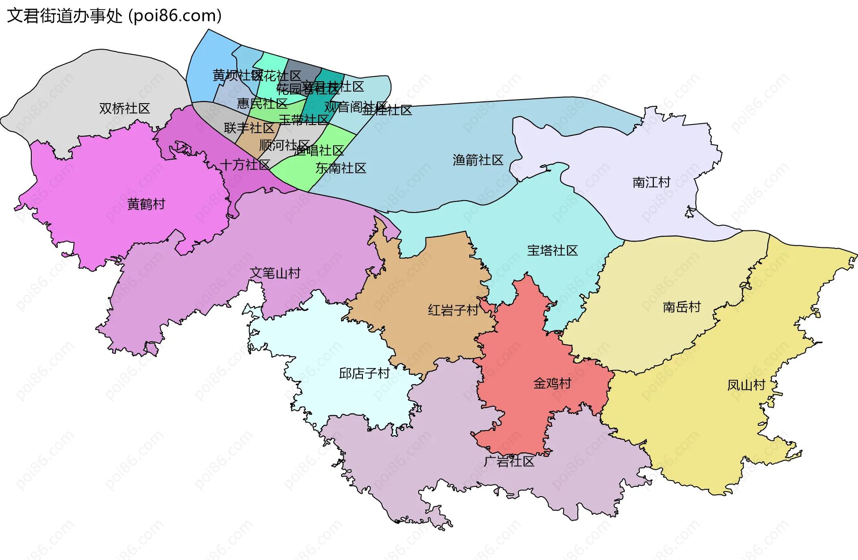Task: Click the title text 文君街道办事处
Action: [64, 16]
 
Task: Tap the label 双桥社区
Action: [124, 109]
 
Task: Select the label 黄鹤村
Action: [146, 204]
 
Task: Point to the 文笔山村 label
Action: [275, 273]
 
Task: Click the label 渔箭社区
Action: [478, 160]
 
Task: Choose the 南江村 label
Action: [651, 182]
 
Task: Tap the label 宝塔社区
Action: [552, 251]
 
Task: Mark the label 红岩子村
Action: [453, 310]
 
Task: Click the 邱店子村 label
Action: [364, 373]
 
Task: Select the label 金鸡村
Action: [552, 383]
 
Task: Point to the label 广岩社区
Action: [509, 461]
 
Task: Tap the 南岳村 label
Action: [681, 307]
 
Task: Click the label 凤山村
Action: [746, 384]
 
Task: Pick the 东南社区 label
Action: [341, 168]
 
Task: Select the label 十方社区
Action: [244, 165]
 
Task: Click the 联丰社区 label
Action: [249, 128]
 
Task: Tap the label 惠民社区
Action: [262, 104]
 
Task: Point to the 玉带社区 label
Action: [303, 120]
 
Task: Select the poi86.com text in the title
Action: [175, 16]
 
